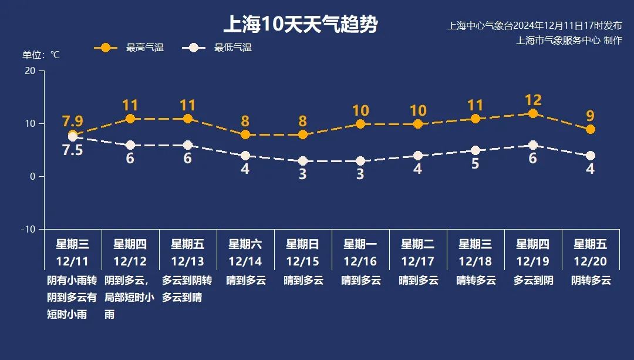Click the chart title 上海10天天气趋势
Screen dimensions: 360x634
(300, 25)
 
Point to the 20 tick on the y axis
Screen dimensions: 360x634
(30, 70)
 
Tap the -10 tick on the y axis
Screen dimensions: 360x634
(28, 229)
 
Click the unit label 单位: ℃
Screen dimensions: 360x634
(41, 55)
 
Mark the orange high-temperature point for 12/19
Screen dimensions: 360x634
(533, 113)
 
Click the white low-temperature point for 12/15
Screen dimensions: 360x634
(303, 161)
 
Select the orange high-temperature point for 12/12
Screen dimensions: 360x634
(130, 119)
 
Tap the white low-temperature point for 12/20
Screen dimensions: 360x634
(591, 156)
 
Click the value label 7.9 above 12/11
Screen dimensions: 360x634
(73, 122)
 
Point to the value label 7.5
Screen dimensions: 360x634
(73, 150)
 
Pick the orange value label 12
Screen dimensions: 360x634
(533, 100)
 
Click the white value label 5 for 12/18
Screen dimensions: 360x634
(475, 164)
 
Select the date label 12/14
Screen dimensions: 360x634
(245, 261)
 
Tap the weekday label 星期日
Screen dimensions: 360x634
(303, 244)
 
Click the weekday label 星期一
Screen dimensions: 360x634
(360, 244)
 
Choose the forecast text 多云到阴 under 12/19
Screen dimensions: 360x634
(533, 280)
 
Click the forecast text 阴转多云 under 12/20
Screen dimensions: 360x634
(591, 280)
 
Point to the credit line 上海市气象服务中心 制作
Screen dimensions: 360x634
(568, 41)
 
